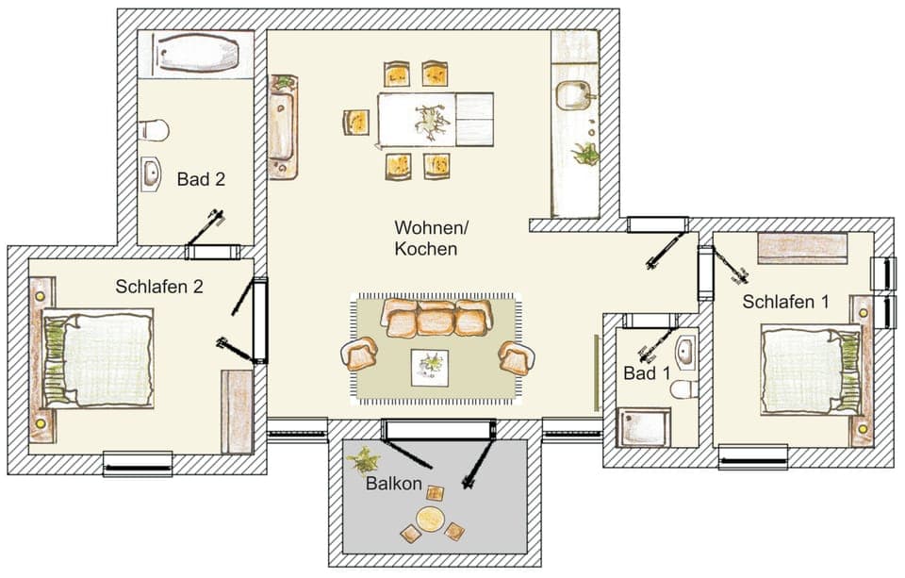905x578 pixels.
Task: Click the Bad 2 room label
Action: tap(201, 179)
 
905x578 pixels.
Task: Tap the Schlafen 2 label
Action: tap(159, 286)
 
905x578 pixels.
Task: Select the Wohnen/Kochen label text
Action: tap(430, 239)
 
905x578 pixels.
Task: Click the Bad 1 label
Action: tap(647, 373)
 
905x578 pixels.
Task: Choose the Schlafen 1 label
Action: tap(786, 302)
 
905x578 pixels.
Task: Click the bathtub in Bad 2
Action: tap(195, 53)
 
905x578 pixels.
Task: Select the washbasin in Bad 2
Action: tap(153, 173)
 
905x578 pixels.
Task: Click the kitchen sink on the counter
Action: tap(574, 95)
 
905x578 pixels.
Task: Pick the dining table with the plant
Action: tap(436, 120)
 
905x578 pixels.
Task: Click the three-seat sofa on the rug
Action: tap(436, 319)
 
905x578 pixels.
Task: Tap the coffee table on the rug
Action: tap(430, 366)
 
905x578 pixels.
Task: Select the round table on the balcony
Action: tap(432, 518)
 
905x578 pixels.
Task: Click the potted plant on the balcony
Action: tap(363, 460)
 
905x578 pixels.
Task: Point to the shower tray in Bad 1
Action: tap(643, 427)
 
